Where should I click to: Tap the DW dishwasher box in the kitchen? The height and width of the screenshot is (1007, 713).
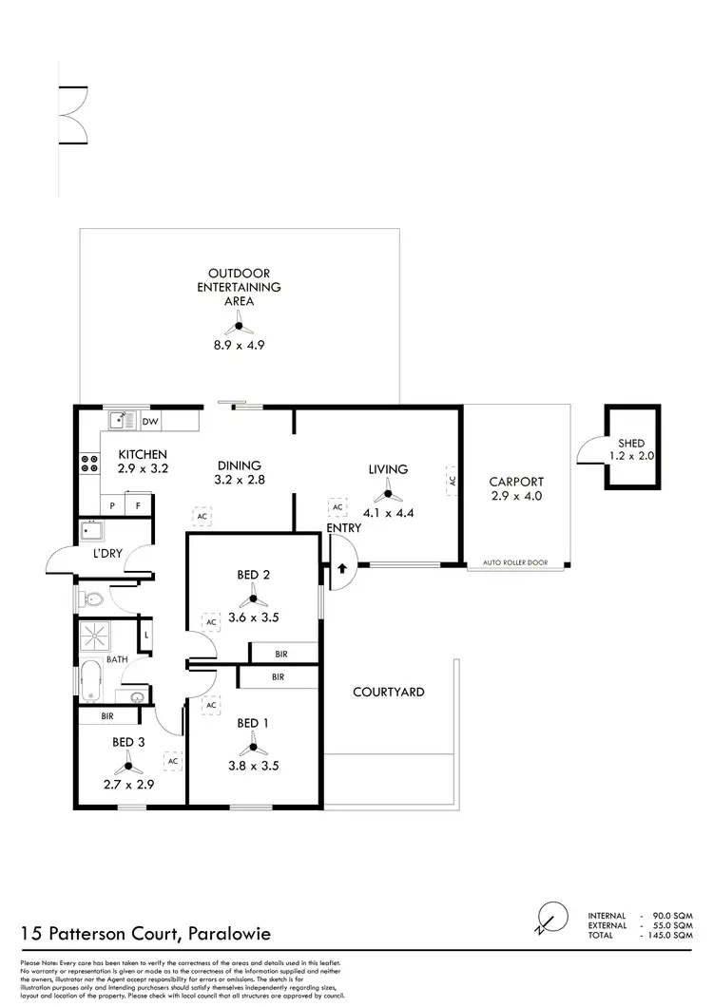pos(150,421)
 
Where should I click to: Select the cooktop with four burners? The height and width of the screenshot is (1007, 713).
pos(90,465)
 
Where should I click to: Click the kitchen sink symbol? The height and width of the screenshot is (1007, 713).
pos(121,420)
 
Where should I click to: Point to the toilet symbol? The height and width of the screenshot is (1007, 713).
pos(93,599)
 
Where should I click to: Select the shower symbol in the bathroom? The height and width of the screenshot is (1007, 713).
pos(94,633)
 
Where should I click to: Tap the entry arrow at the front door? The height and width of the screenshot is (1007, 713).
pos(340,569)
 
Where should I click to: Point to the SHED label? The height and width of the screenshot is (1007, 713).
pos(631,443)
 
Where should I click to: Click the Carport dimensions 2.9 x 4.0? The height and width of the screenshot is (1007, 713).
pos(516,496)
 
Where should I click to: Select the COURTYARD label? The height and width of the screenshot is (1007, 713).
pos(388,693)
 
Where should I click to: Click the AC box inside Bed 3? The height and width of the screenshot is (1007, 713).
pos(173,761)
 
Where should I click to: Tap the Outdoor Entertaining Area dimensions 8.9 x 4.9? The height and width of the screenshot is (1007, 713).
pos(239,346)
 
